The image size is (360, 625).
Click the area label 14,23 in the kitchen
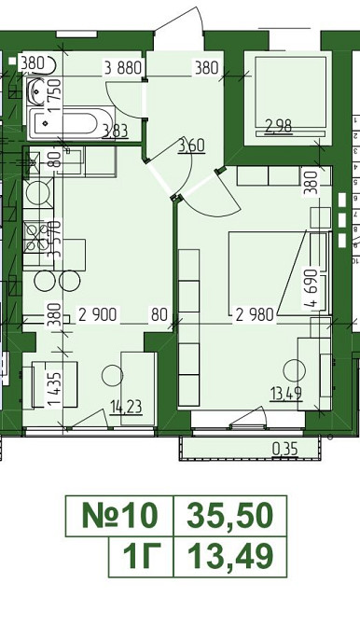click(x=127, y=408)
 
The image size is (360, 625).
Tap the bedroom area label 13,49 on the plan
click(x=285, y=394)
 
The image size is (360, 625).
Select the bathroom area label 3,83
click(x=116, y=131)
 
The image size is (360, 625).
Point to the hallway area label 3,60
click(x=191, y=146)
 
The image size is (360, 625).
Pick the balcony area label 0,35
click(x=284, y=450)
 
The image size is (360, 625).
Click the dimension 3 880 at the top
click(x=123, y=68)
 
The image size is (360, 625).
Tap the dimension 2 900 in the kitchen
click(x=98, y=315)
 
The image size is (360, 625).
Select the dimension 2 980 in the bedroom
click(x=256, y=315)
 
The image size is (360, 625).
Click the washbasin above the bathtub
click(x=38, y=90)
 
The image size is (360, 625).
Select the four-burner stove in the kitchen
click(x=38, y=238)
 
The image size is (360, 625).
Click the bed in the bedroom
click(x=279, y=273)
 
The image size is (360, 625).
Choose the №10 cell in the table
click(x=119, y=516)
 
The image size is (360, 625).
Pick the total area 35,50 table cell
click(x=230, y=516)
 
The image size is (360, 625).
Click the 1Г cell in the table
click(x=141, y=557)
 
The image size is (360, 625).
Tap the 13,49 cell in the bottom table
click(x=230, y=557)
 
